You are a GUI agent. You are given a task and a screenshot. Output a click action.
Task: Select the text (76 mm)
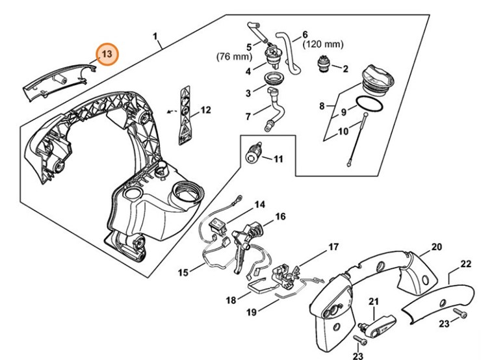click(x=234, y=57)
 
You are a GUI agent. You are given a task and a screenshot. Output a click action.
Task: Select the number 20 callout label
click(x=437, y=247)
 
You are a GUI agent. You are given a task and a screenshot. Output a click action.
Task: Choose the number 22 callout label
click(x=465, y=264)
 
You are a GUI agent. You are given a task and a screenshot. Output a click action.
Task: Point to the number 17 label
click(x=333, y=247)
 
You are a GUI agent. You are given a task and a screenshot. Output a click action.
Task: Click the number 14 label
click(x=260, y=204)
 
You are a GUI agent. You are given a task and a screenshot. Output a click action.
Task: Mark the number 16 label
click(x=280, y=216)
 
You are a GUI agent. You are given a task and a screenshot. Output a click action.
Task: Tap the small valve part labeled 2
click(x=322, y=65)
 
